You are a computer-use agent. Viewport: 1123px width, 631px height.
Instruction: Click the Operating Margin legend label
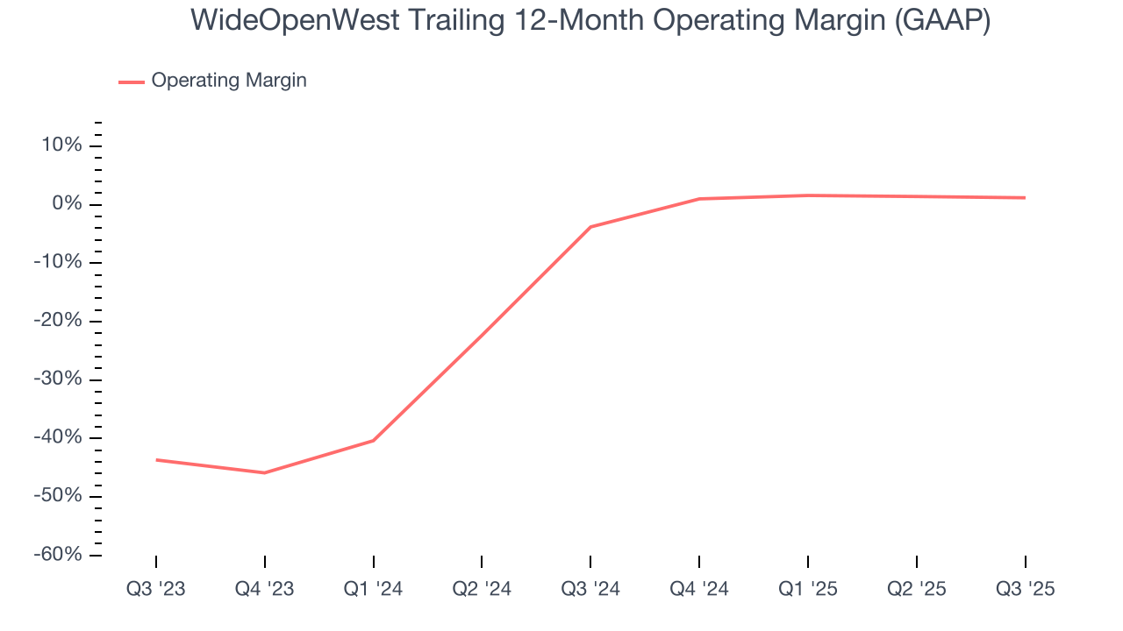pos(229,81)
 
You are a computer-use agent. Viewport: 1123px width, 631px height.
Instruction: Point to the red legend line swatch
pos(132,82)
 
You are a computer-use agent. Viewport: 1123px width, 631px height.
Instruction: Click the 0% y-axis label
pos(67,204)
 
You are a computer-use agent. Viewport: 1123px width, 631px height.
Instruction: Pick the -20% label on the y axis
pos(58,321)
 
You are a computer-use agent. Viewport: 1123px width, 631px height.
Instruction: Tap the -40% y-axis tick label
pos(58,437)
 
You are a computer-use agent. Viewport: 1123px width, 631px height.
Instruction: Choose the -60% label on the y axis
pos(58,555)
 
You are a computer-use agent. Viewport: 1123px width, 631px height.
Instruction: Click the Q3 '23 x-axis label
pos(156,589)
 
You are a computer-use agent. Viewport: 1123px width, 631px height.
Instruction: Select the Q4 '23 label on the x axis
pos(264,589)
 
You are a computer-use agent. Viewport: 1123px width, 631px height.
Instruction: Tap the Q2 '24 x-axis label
pos(482,589)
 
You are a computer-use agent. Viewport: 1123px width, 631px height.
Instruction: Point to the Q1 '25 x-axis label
pos(808,589)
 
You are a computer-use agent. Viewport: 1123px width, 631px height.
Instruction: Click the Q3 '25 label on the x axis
pos(1025,589)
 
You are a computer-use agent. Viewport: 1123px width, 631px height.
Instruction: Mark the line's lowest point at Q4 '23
pos(264,473)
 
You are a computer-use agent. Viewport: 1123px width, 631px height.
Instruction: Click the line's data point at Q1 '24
pos(374,440)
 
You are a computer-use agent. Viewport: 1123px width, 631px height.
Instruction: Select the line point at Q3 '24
pos(590,227)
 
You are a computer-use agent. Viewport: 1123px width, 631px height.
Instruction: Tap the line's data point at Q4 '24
pos(699,199)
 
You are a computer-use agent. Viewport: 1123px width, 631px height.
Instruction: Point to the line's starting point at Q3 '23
pos(156,459)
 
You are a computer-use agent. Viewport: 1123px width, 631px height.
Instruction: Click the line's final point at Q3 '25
pos(1025,198)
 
